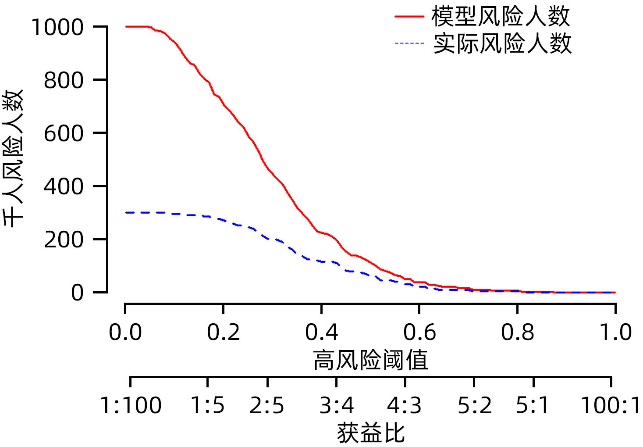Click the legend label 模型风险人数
click(501, 17)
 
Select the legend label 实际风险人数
click(503, 43)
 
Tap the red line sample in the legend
click(409, 17)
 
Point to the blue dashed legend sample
click(409, 43)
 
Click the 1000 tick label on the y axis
click(57, 28)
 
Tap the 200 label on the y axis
click(64, 240)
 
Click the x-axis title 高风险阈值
click(370, 361)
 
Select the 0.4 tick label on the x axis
click(321, 333)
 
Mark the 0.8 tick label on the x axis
click(518, 333)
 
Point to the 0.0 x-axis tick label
click(125, 333)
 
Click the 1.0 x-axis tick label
click(615, 333)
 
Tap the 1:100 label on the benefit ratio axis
click(131, 406)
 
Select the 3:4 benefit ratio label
click(336, 406)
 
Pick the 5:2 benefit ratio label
click(474, 406)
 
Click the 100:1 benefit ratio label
click(611, 406)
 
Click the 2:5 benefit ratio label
click(267, 406)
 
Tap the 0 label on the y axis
click(77, 293)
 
